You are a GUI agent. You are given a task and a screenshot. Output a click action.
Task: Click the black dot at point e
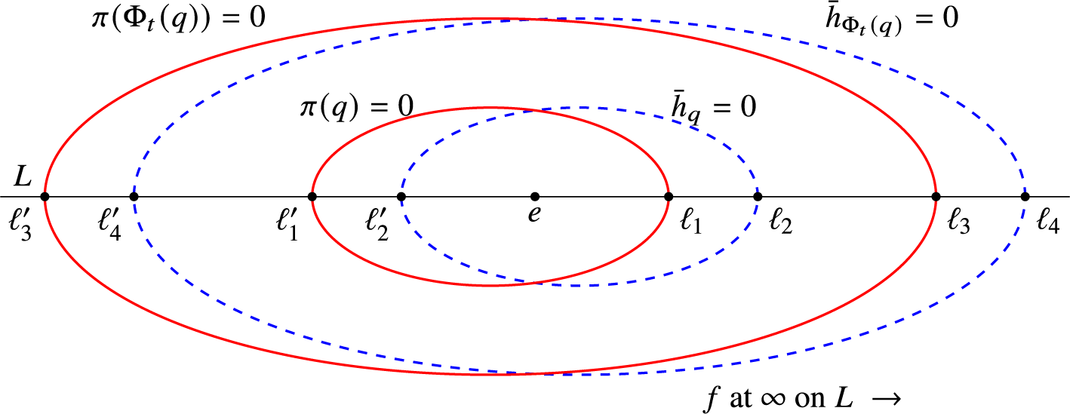[x=535, y=197]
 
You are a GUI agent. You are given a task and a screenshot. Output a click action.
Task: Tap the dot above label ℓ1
[x=669, y=197]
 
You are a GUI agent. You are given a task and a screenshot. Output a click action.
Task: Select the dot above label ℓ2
[x=758, y=197]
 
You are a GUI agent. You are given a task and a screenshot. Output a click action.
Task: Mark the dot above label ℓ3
[x=936, y=197]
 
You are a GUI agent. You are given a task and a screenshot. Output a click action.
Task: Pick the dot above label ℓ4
[x=1025, y=197]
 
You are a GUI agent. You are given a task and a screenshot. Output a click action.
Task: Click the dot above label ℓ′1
[x=312, y=197]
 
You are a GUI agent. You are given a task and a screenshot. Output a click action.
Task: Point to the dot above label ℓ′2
[x=401, y=197]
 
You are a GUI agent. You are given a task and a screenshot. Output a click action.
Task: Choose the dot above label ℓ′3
[x=45, y=197]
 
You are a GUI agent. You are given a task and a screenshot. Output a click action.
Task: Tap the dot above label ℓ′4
[x=134, y=197]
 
